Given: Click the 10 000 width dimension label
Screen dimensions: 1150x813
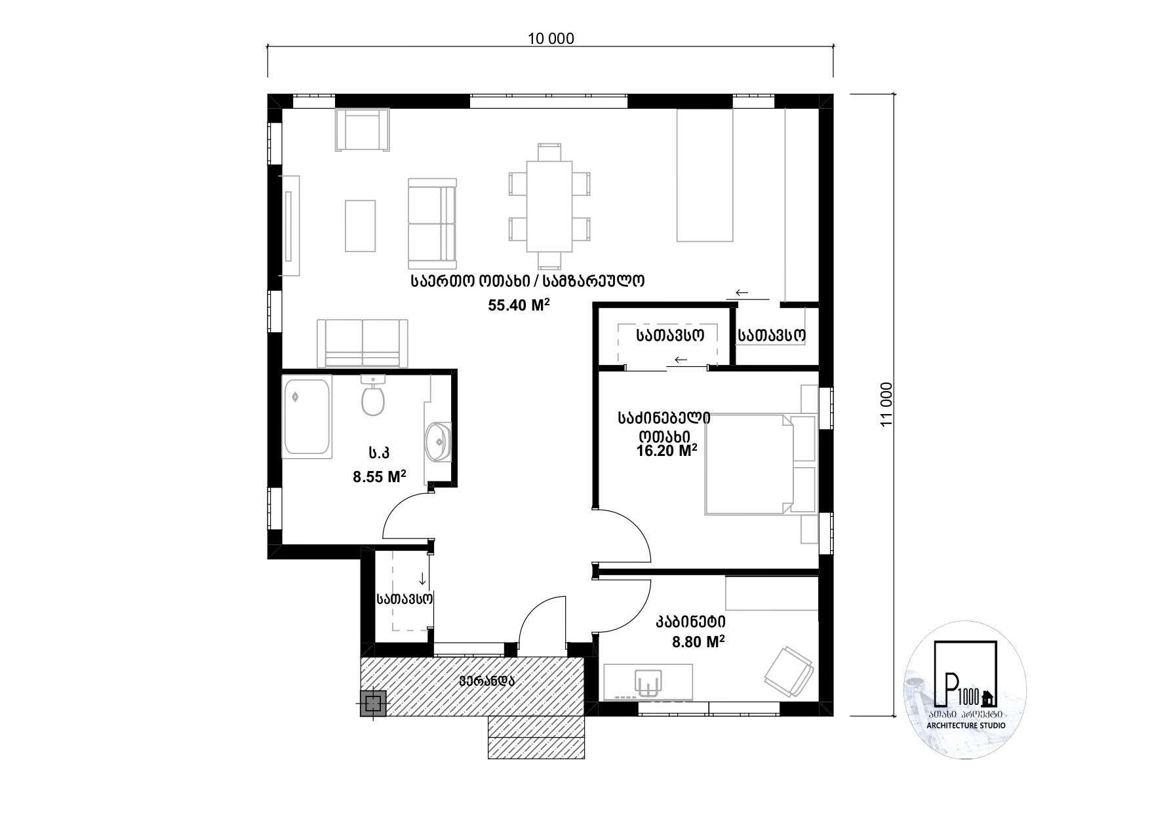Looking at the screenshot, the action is pos(551,39).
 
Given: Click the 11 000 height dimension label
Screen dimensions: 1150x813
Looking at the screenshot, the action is pos(886,405).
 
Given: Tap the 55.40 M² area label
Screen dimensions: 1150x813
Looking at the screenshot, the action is pos(518,305).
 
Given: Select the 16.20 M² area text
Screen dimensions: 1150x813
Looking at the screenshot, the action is pos(666,450).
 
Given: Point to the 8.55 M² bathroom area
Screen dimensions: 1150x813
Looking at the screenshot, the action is pos(379,476).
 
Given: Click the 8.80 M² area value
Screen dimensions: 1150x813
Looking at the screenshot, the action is pos(698,642).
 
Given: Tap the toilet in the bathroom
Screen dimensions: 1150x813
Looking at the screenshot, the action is pos(372,395).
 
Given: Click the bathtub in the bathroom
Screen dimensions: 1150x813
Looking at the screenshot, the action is pos(307,417).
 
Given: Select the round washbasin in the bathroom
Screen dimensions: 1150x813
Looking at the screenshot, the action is pos(437,442).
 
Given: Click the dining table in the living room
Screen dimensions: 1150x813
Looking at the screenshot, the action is pos(549,206).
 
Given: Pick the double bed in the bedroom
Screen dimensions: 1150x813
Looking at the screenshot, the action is pos(761,464).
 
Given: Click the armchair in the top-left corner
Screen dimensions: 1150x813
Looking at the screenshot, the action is pos(362,130).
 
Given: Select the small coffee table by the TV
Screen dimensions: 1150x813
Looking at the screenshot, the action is pos(361,226).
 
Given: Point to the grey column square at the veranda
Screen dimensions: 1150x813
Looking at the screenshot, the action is pos(373,704).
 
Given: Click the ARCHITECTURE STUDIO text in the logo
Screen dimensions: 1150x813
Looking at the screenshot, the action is pos(966,726).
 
